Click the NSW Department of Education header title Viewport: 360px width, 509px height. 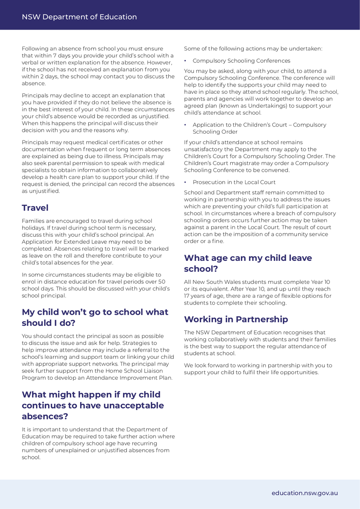tap(79, 17)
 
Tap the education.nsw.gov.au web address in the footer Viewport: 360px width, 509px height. tap(305, 493)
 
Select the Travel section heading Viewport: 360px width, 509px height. tap(35, 208)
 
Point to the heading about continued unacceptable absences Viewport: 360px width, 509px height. tap(93, 406)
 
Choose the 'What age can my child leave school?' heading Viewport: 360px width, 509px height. tap(248, 263)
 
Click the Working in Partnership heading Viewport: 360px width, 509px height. tap(236, 319)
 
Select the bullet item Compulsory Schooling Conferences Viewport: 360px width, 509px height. tap(241, 61)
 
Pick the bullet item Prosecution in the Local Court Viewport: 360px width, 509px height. tap(234, 182)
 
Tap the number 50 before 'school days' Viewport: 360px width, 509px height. tap(162, 282)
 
